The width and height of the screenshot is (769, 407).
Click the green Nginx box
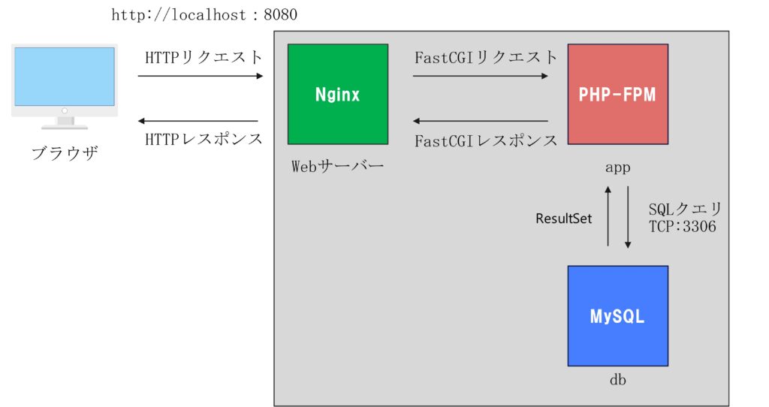[x=338, y=94]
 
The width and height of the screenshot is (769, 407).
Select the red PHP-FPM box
[x=618, y=94]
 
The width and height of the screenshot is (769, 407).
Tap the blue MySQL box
[x=618, y=316]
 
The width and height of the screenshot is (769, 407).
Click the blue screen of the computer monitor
[x=65, y=77]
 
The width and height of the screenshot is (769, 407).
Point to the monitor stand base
[x=65, y=127]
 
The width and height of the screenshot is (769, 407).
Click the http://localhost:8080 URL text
[x=204, y=15]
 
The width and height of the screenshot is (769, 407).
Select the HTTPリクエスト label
[x=204, y=57]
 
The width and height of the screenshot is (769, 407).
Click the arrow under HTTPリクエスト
[x=201, y=76]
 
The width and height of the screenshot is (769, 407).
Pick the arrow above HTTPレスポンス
[x=198, y=121]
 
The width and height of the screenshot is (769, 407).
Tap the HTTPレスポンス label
[x=204, y=139]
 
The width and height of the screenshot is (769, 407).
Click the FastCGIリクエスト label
[x=486, y=57]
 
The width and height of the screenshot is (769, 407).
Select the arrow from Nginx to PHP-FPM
[x=481, y=76]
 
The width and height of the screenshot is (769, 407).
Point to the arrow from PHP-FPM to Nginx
[x=481, y=121]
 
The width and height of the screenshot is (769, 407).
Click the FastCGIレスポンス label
[x=486, y=141]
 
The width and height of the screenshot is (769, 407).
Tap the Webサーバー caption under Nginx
[x=337, y=166]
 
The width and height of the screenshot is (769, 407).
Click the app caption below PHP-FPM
[x=618, y=167]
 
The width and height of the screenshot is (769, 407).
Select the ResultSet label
[x=563, y=219]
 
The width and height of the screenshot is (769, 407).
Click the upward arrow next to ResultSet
[x=608, y=216]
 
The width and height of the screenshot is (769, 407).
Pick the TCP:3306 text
[x=682, y=227]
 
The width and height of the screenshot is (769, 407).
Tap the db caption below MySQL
[x=618, y=379]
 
